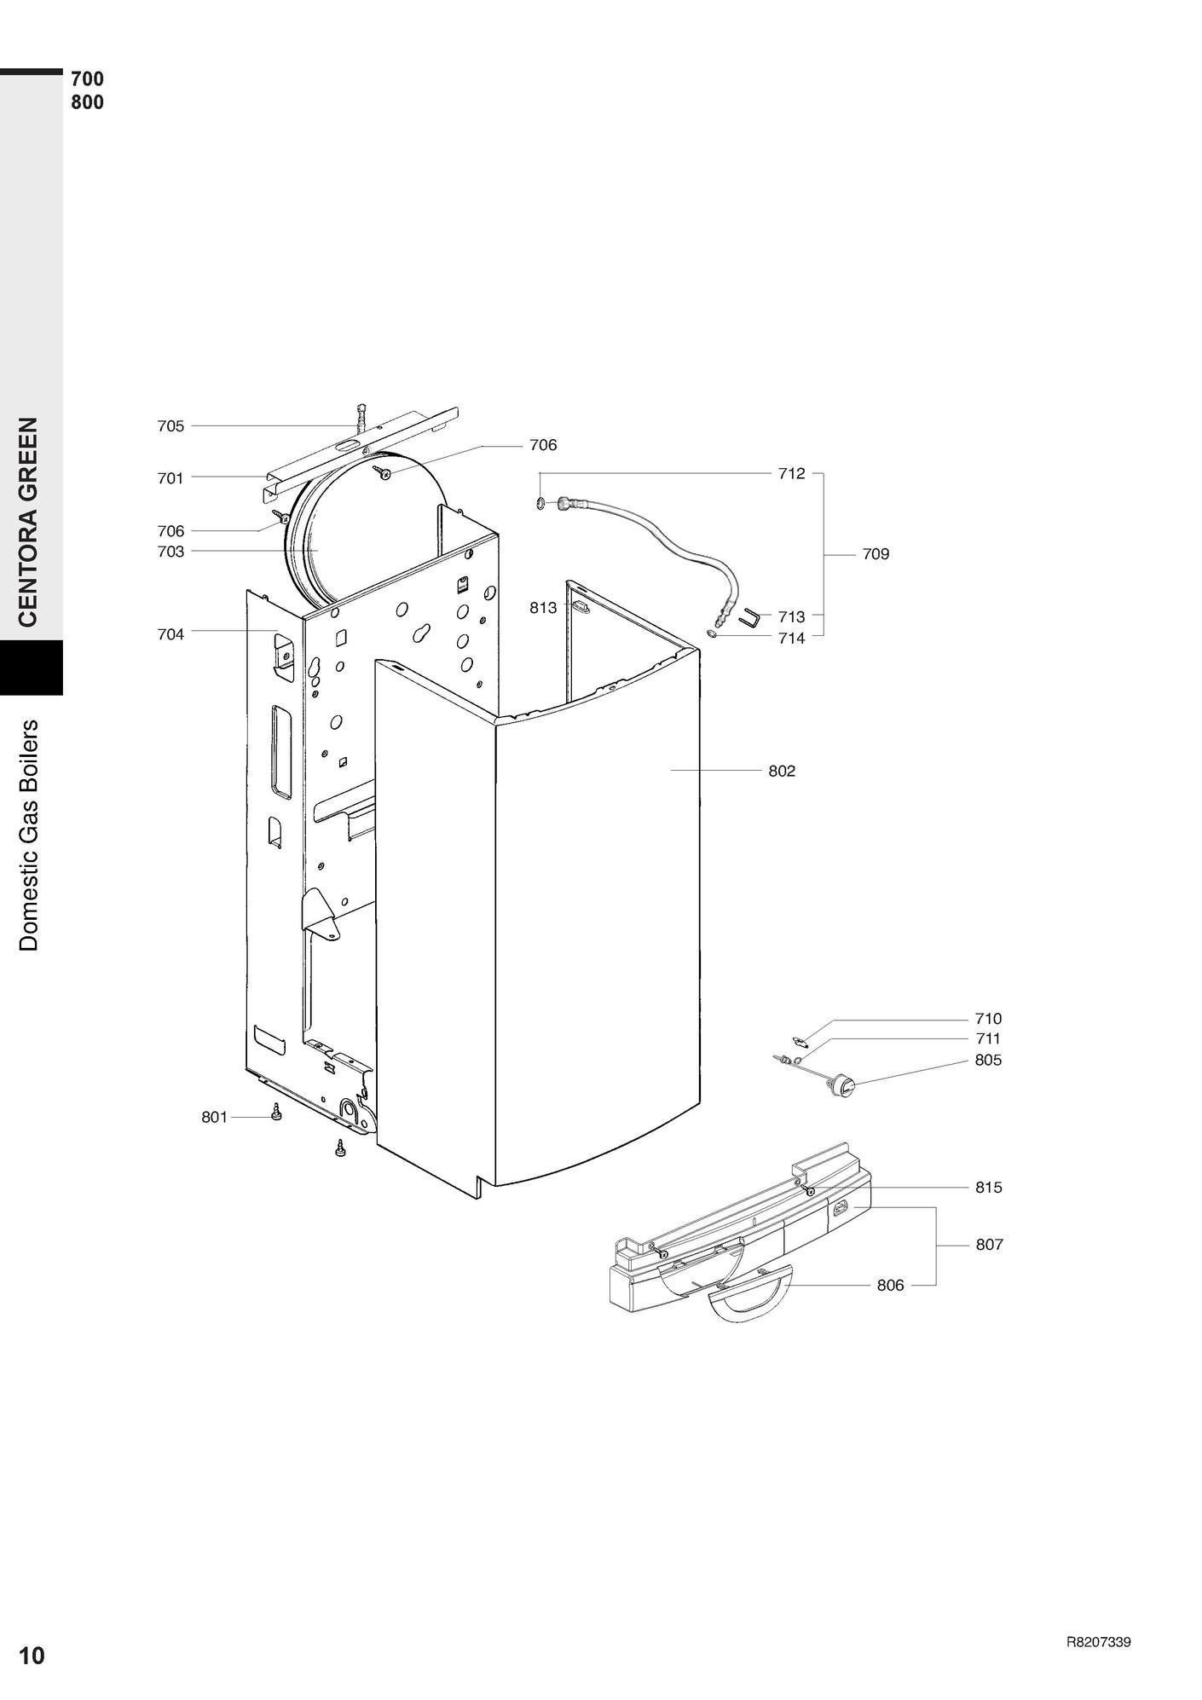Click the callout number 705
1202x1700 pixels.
(x=170, y=426)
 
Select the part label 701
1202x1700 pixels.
(x=170, y=478)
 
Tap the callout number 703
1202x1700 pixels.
(x=170, y=552)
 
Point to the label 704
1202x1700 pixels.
(x=170, y=634)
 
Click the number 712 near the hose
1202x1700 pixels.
(x=791, y=473)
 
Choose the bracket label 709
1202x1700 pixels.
(x=875, y=554)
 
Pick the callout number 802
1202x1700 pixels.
(x=782, y=771)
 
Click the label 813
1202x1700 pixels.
(x=543, y=608)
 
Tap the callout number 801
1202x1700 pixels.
(x=215, y=1117)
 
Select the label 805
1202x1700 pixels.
(x=989, y=1060)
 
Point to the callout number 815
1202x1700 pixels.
(x=989, y=1187)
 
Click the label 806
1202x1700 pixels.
(x=890, y=1285)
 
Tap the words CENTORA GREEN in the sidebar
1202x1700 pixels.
(x=28, y=522)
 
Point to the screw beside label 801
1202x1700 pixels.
(x=275, y=1113)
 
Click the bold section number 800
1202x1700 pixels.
(x=87, y=102)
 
